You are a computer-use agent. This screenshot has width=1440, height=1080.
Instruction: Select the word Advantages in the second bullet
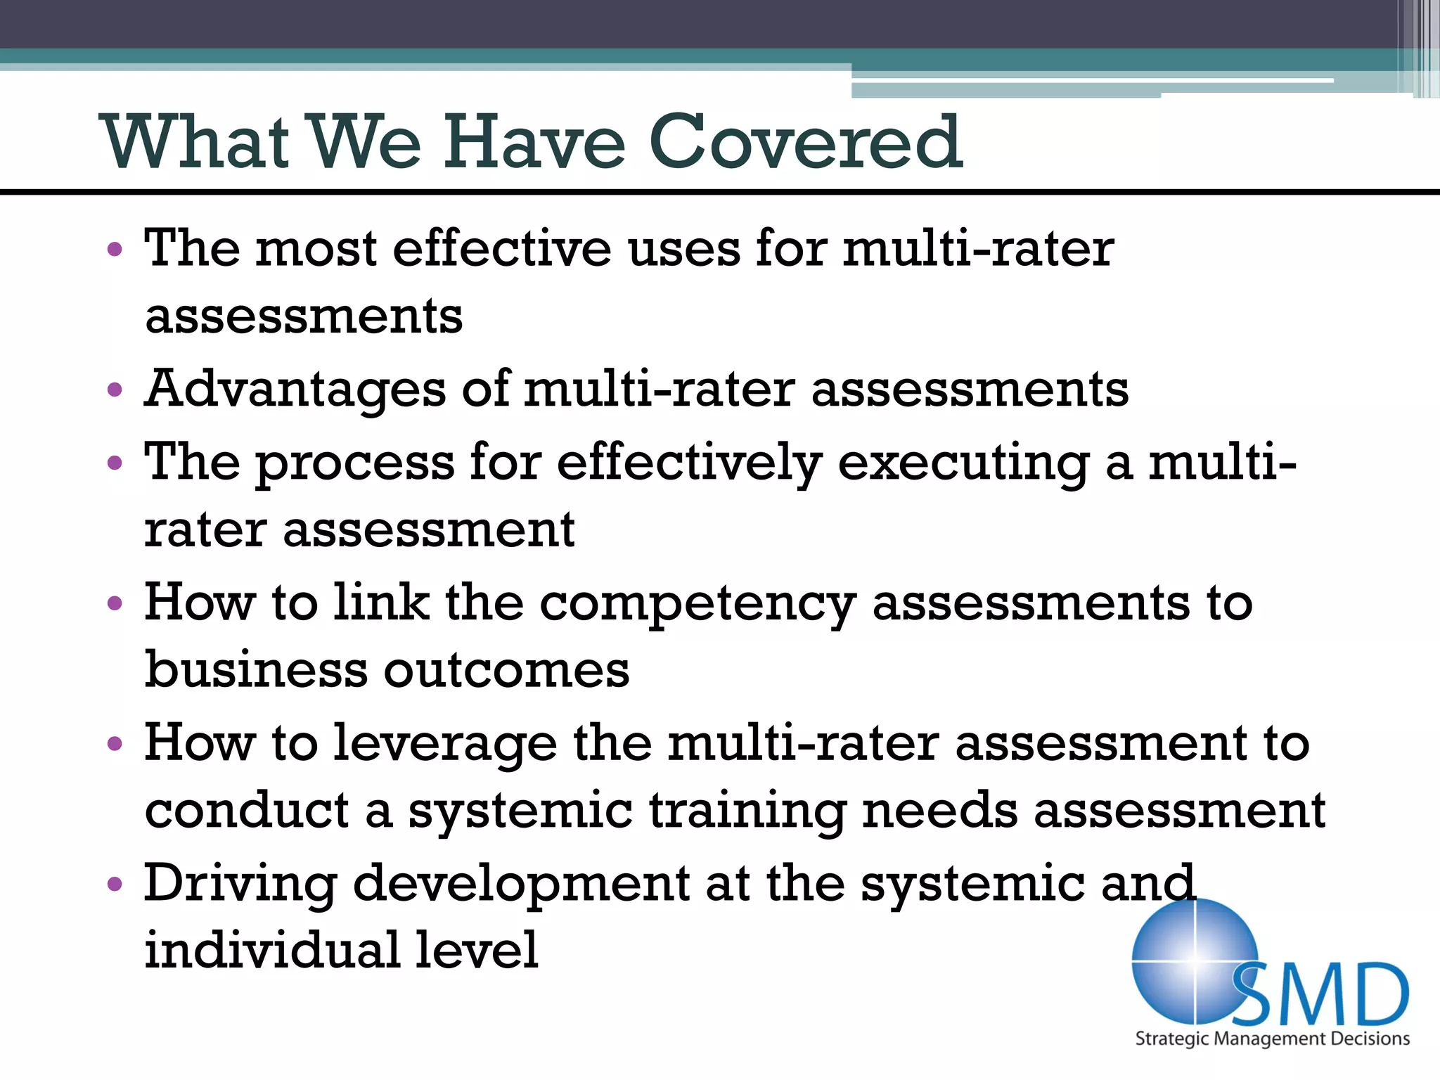coord(295,389)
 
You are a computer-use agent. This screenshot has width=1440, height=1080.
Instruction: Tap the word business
coord(256,669)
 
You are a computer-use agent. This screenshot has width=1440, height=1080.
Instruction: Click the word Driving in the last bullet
coord(240,884)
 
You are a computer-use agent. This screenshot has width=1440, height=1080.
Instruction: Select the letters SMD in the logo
coord(1322,996)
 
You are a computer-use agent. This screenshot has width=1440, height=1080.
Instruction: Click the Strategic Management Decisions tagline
coord(1272,1039)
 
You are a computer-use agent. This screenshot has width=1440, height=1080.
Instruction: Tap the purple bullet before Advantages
coord(115,390)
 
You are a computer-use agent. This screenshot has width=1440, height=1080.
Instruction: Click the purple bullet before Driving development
coord(115,884)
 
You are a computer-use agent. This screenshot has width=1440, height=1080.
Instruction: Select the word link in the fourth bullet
coord(380,603)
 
